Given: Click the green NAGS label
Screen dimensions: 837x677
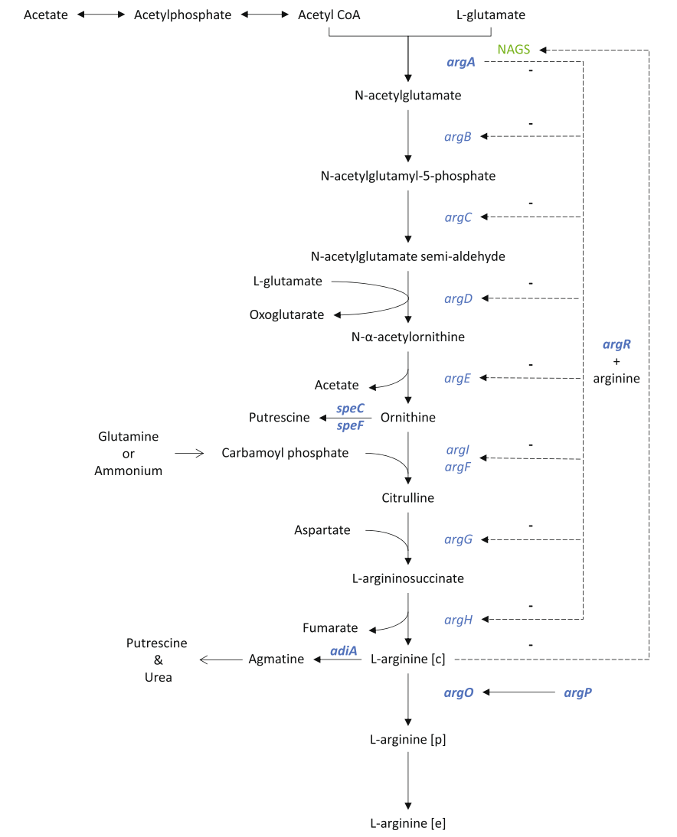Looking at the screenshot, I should coord(513,50).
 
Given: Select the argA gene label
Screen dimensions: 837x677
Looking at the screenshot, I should coord(461,62).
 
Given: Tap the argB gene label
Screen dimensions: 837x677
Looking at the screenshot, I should coord(458,136).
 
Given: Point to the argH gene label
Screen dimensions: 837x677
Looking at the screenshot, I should coord(458,619).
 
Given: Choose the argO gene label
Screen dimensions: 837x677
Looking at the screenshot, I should coord(459,692).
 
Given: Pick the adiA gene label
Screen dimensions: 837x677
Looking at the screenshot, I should coord(344,650).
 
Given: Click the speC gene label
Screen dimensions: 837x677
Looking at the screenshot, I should coord(350,409).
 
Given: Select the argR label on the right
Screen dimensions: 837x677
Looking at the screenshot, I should coord(616,345).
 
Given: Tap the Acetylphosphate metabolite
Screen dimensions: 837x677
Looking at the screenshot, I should coord(182,15).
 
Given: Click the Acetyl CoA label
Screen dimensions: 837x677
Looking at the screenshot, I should coord(329,15).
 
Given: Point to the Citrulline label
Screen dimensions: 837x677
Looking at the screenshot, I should coord(407,498).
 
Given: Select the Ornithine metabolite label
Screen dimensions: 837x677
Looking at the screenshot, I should coord(407,417).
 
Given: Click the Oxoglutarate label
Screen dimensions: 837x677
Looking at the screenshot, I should coord(286,314).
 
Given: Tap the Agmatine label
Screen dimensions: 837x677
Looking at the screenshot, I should coord(276,658).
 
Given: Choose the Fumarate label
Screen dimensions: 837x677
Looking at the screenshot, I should coord(330,628).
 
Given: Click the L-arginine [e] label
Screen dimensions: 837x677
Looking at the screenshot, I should coord(407,823).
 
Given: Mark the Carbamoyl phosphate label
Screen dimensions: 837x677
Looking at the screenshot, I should coord(285,453).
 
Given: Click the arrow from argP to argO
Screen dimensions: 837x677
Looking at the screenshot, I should coord(518,692).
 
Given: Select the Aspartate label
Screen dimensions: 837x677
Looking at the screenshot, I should coord(322,529).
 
